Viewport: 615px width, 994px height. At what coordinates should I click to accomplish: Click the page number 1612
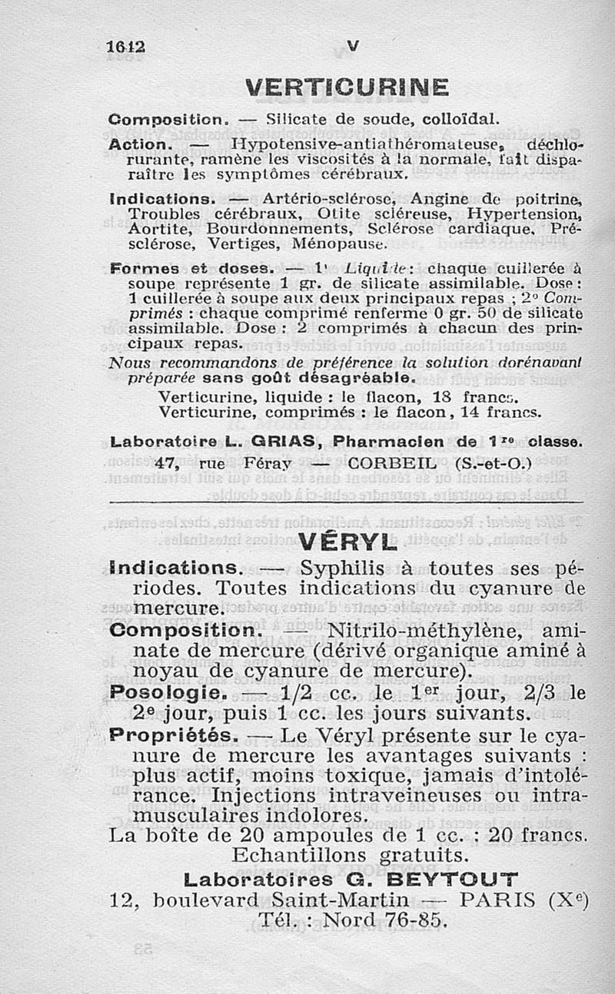[x=125, y=47]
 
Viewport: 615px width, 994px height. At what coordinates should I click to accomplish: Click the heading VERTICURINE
[x=347, y=88]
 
